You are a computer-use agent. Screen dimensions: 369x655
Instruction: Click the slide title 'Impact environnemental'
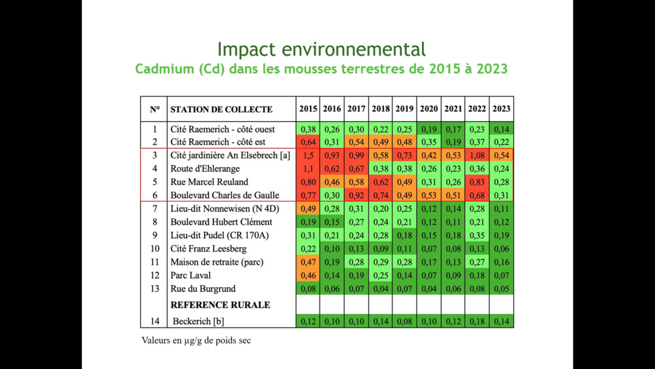tap(321, 49)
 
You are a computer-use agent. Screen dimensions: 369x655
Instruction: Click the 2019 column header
tap(405, 109)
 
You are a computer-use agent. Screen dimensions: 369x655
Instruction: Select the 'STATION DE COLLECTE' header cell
tap(221, 109)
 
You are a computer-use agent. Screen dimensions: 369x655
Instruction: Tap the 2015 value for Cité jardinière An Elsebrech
tap(308, 155)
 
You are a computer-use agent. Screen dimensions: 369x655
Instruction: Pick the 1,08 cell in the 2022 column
tap(477, 155)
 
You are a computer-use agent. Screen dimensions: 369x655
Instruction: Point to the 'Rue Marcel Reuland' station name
tap(209, 182)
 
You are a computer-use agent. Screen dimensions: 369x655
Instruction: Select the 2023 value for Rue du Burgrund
tap(501, 288)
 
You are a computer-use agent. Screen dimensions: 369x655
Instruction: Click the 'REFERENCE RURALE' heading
tap(220, 305)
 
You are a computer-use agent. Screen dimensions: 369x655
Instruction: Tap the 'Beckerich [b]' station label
tap(199, 321)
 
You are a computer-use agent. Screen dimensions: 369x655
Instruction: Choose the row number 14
tap(155, 321)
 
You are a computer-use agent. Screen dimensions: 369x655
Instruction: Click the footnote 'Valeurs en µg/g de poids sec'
tap(196, 340)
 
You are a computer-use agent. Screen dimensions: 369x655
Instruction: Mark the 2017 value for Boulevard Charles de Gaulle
tap(356, 195)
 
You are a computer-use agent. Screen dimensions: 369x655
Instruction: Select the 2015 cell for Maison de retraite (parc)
tap(308, 262)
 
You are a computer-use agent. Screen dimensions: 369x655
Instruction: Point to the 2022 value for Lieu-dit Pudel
tap(477, 235)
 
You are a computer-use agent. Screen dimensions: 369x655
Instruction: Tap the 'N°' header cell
tap(155, 109)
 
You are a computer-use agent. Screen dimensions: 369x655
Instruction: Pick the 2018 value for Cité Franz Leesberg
tap(381, 248)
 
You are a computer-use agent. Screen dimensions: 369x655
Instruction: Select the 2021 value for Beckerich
tap(453, 321)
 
